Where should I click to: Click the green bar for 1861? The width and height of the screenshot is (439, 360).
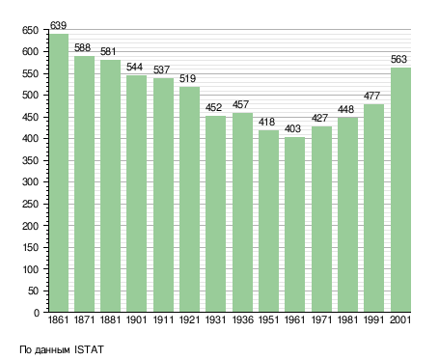tap(59, 173)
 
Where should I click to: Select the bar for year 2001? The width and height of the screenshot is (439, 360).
tap(400, 189)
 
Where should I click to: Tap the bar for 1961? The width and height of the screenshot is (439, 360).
tap(294, 224)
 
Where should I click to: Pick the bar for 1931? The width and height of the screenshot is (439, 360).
tap(215, 213)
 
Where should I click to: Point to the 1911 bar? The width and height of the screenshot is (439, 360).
tap(163, 195)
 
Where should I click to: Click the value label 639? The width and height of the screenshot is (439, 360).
tap(58, 25)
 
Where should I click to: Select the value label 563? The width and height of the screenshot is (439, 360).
tap(398, 59)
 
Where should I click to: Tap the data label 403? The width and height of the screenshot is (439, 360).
tap(292, 128)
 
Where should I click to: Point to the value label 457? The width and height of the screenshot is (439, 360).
tap(240, 104)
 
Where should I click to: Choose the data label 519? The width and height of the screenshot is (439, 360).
tap(187, 78)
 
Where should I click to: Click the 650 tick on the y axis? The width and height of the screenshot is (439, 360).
tap(30, 30)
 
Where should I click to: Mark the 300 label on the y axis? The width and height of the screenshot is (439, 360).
tap(30, 182)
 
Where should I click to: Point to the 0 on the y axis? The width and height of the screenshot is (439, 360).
tap(37, 313)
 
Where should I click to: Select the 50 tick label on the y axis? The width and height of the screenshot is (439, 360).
tap(34, 291)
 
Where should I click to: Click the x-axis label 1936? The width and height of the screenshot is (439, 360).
tap(242, 319)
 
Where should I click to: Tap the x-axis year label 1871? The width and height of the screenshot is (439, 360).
tap(84, 319)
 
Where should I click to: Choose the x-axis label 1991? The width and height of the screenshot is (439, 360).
tap(373, 319)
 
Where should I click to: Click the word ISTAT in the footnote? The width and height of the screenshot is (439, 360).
tap(89, 349)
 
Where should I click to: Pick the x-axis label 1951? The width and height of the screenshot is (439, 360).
tap(268, 319)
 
